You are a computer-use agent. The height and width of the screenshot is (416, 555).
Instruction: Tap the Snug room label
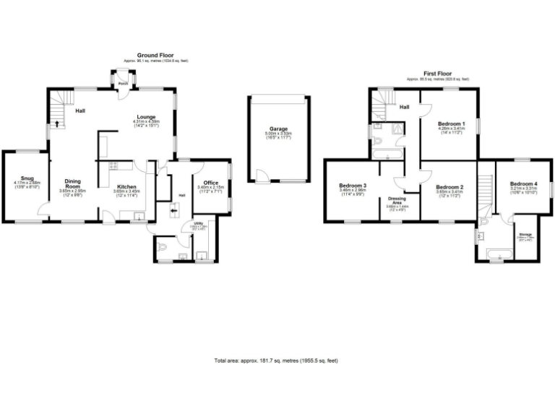pyautogui.click(x=27, y=178)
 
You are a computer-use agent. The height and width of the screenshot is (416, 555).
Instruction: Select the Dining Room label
pyautogui.click(x=72, y=184)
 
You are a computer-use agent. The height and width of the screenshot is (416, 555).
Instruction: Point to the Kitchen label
pyautogui.click(x=126, y=186)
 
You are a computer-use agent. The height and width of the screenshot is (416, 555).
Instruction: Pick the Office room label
pyautogui.click(x=211, y=182)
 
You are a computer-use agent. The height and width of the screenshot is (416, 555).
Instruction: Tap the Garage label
pyautogui.click(x=277, y=129)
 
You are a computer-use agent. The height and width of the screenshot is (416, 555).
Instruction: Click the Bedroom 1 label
pyautogui.click(x=451, y=123)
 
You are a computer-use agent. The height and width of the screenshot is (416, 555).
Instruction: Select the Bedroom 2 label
pyautogui.click(x=449, y=187)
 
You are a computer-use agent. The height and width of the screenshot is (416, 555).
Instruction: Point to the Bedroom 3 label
pyautogui.click(x=353, y=186)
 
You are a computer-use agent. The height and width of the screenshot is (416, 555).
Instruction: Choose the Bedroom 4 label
pyautogui.click(x=523, y=183)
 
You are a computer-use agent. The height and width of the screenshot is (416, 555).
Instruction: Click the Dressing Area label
pyautogui.click(x=395, y=200)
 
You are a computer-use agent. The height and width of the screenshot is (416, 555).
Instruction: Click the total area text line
pyautogui.click(x=277, y=360)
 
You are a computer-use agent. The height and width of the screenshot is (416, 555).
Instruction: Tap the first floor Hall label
pyautogui.click(x=405, y=108)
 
